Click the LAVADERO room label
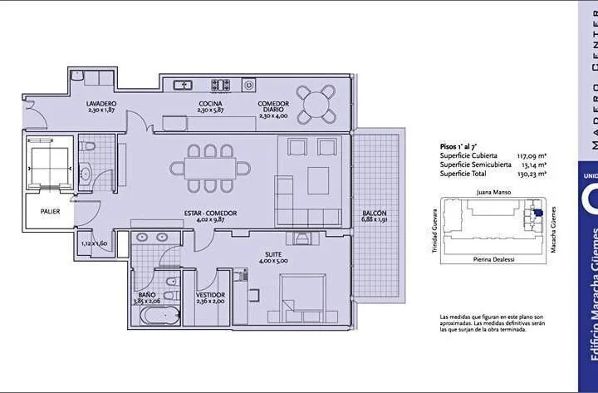[x=101, y=103]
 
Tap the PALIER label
[x=51, y=211]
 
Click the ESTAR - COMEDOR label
[x=210, y=214]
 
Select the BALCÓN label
[x=374, y=214]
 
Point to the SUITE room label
[x=273, y=255]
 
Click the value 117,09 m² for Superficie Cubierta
[x=531, y=155]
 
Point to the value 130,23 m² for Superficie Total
[x=531, y=174]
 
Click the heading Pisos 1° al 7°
[x=458, y=145]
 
